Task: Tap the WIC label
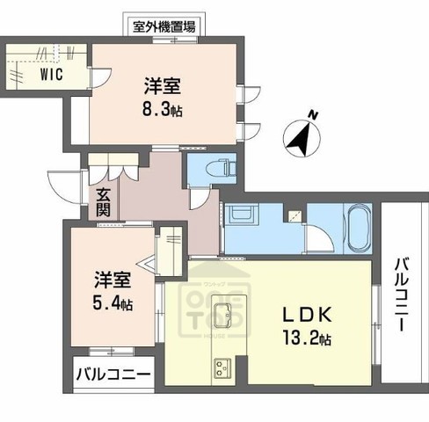click(50, 75)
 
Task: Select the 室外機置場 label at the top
click(164, 26)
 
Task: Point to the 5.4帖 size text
click(113, 303)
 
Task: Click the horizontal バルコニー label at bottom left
click(112, 374)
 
